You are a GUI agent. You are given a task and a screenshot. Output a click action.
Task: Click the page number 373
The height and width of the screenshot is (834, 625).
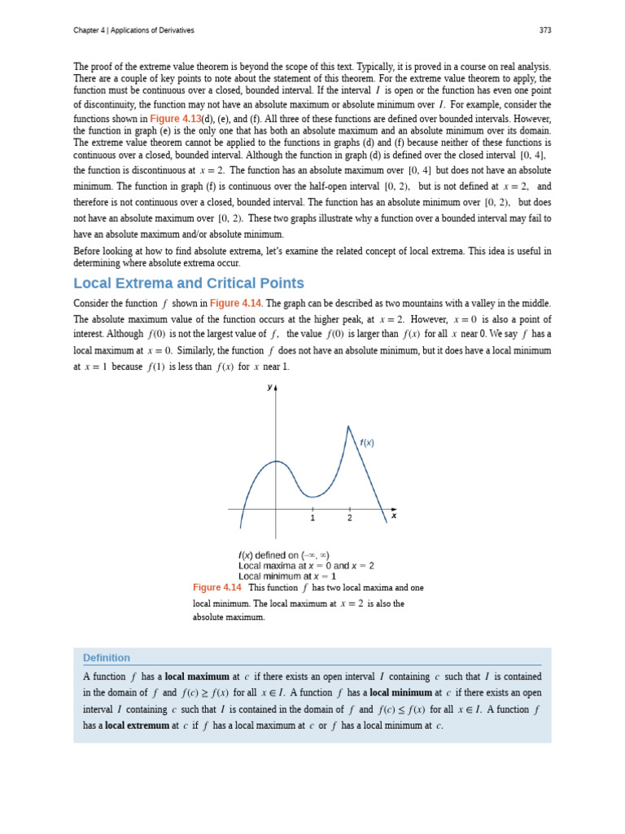544,30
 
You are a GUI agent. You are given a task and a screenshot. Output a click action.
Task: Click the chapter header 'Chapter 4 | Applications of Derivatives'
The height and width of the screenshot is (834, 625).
133,30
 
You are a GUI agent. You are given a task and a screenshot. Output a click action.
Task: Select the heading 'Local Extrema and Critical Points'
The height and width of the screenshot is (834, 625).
189,283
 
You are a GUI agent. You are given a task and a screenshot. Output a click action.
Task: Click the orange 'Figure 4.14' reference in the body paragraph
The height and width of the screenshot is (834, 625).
235,303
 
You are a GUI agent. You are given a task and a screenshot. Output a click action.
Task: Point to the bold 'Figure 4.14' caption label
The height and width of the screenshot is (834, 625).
217,587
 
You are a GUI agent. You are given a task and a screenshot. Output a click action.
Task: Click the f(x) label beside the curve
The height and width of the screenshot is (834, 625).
367,442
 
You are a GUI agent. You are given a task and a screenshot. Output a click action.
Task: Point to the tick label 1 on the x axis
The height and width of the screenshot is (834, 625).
312,518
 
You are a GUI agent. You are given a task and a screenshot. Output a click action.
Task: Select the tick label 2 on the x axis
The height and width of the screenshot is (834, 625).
350,518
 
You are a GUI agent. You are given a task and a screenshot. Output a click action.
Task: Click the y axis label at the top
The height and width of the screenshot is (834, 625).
269,388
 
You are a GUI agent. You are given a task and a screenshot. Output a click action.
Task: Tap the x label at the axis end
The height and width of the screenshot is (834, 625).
394,516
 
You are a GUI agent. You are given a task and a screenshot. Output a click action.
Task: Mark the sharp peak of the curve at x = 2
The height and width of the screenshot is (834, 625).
348,426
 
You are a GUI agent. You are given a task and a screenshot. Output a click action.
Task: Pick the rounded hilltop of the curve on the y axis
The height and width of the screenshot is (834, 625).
276,462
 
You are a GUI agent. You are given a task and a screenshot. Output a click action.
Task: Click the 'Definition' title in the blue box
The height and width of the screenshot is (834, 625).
107,657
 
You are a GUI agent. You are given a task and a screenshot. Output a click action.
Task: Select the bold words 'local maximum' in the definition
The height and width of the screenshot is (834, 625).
197,677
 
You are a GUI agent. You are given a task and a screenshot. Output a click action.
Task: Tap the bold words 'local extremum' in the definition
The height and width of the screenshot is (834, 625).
137,726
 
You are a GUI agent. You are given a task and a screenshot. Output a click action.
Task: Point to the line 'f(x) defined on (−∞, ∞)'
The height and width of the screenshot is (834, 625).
284,555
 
